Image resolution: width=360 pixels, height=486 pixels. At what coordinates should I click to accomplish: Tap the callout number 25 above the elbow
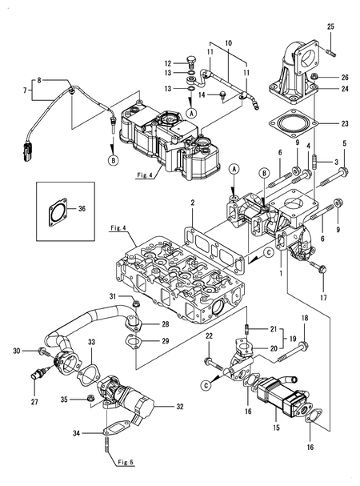330,27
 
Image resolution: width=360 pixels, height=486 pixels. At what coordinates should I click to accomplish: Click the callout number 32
179,407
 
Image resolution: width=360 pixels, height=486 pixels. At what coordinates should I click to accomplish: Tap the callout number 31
113,298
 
